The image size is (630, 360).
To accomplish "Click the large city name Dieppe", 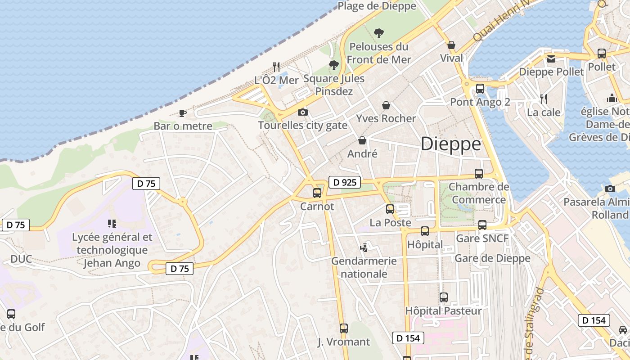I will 450,144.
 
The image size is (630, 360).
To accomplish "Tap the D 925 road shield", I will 345,182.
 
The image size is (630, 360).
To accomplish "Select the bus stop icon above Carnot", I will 317,193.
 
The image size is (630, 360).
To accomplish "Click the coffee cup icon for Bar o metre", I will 182,113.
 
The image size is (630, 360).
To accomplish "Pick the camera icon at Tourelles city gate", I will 303,112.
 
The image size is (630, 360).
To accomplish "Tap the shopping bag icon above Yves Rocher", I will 386,105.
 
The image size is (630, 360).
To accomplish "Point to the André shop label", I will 362,154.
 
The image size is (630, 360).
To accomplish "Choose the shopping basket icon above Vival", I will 451,45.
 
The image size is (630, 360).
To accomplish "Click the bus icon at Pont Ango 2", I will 480,89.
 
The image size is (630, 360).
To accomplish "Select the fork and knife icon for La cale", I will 544,99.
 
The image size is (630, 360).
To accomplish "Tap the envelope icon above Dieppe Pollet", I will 551,58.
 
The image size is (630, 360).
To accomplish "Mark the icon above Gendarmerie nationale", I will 364,247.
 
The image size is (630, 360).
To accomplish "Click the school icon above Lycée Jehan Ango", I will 112,224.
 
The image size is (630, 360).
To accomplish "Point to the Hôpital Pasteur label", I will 443,311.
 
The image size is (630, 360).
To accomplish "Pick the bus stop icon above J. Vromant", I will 344,328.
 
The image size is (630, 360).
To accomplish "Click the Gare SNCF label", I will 482,238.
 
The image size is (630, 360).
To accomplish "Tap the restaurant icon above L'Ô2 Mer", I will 277,67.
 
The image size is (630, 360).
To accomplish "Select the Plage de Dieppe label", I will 377,6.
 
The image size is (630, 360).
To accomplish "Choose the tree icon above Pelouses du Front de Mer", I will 379,33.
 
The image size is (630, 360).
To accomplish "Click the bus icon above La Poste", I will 390,209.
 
